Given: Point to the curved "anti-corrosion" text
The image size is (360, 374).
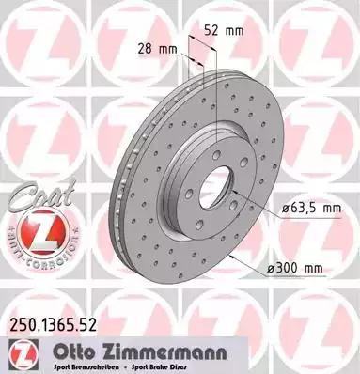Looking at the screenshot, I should pos(37,252).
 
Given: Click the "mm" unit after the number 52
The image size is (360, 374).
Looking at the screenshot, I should pos(232,30).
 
